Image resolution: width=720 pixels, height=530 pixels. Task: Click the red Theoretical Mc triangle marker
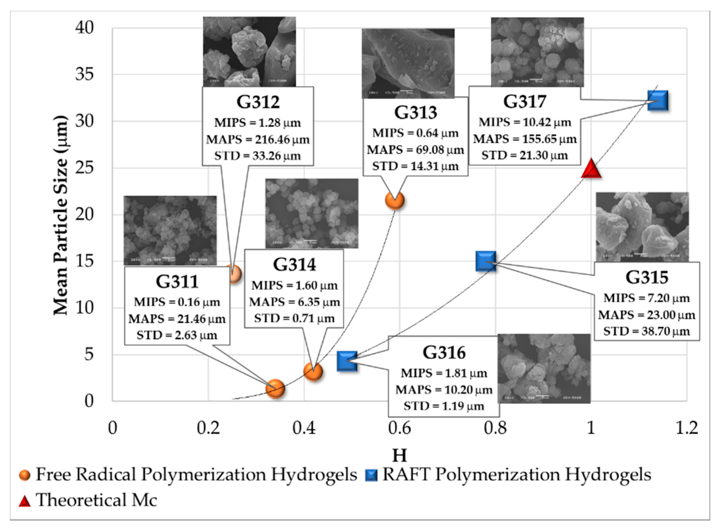(x=591, y=169)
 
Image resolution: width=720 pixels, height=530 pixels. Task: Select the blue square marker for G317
(x=657, y=100)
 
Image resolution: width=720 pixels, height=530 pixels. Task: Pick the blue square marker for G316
(x=347, y=361)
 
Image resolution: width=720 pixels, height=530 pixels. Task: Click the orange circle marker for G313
(x=394, y=201)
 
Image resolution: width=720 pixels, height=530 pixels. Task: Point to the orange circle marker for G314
(x=313, y=372)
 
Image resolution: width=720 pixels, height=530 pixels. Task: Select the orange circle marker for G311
(x=275, y=388)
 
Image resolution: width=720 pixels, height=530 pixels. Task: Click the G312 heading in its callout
(x=258, y=102)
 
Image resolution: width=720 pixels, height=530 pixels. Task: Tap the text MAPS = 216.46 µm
(x=258, y=140)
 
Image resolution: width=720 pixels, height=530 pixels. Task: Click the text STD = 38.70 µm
(x=646, y=331)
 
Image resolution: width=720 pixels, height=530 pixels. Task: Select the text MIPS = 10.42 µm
(x=525, y=122)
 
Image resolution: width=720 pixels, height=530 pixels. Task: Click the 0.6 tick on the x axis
(x=399, y=428)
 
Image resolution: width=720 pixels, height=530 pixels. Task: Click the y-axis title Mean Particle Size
(x=61, y=215)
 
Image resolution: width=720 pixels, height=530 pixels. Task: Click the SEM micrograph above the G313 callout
(x=408, y=63)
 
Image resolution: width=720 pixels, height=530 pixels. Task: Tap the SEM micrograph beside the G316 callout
(x=544, y=369)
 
